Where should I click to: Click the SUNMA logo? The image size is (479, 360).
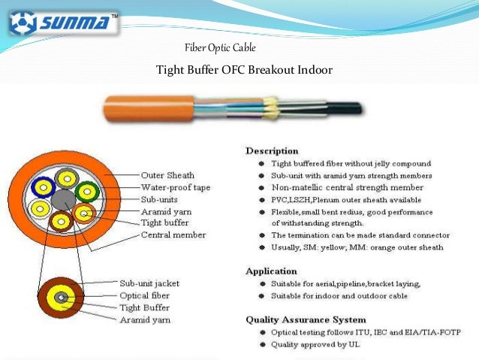(63, 23)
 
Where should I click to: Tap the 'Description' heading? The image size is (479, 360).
(272, 150)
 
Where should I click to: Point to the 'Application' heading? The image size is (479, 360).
(272, 271)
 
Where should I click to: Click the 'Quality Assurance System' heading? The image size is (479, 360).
(306, 319)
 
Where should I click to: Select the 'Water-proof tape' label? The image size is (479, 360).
(176, 186)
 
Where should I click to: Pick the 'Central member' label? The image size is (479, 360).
(173, 235)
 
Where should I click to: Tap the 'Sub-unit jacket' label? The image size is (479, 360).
(149, 283)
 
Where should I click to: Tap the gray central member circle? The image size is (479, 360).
(63, 199)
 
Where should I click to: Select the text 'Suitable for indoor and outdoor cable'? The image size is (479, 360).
(339, 295)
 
